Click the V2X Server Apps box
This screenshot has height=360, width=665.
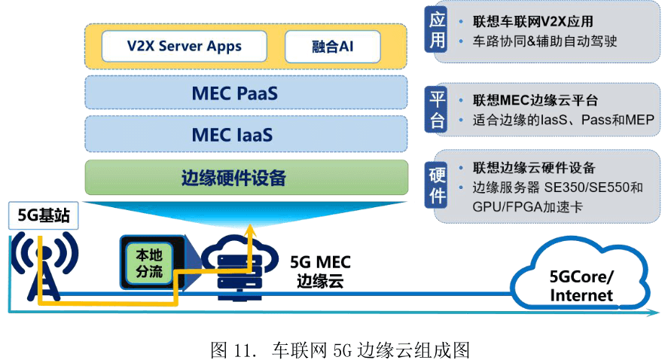184,46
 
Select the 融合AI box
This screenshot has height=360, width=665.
332,46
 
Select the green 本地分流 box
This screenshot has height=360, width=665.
149,261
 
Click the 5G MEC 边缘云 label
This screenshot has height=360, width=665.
320,272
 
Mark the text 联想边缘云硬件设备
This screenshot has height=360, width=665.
534,167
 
